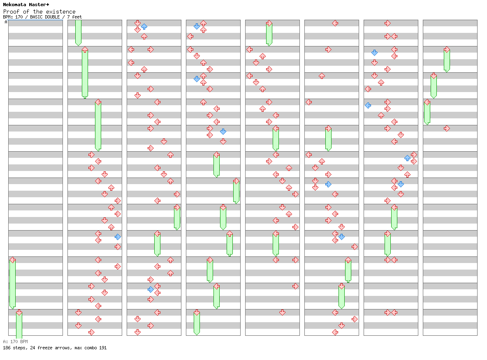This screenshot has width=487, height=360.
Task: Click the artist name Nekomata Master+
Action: tap(26, 5)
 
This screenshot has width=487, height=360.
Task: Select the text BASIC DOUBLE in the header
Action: tap(45, 17)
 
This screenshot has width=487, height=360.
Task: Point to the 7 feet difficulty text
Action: tap(74, 17)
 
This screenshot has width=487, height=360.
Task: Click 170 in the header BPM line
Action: tap(19, 17)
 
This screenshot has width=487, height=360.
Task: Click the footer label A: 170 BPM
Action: tap(16, 342)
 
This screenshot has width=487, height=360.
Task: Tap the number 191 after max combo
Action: tap(103, 348)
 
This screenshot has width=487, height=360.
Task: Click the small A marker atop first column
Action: tap(6, 22)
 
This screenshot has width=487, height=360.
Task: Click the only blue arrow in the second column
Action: tap(118, 237)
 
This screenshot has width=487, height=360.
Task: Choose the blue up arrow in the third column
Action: tap(144, 27)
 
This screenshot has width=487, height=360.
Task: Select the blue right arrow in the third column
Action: tap(151, 290)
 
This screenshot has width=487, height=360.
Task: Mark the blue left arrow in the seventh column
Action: tap(368, 106)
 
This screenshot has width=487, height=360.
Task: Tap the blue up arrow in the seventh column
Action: tap(408, 158)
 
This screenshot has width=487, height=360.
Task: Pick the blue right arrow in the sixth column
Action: tap(328, 185)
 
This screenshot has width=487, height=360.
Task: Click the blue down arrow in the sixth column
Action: tap(342, 237)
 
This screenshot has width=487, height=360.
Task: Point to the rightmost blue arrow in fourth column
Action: tap(223, 132)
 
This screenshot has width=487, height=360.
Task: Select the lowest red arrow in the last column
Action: tap(447, 129)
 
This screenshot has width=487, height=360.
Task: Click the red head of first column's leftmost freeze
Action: tap(12, 260)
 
